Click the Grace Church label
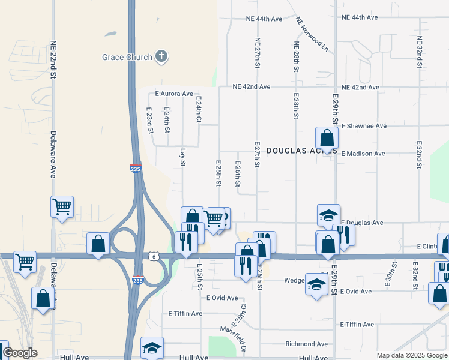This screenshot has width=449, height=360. [127, 58]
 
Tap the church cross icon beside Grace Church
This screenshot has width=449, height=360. [160, 57]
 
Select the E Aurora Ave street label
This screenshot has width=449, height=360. [174, 94]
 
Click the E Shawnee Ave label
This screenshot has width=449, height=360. [363, 126]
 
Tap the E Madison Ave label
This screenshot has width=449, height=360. [363, 154]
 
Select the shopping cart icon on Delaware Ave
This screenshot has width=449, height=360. [62, 207]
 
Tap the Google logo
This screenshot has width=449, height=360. [20, 353]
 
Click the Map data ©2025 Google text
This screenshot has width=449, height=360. [411, 355]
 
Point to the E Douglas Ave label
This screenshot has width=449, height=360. [361, 223]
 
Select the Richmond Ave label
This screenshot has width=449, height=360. [307, 344]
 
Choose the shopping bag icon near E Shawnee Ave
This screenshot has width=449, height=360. [326, 137]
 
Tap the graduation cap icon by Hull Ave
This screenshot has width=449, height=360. [152, 347]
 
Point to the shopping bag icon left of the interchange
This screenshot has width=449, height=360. [98, 244]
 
